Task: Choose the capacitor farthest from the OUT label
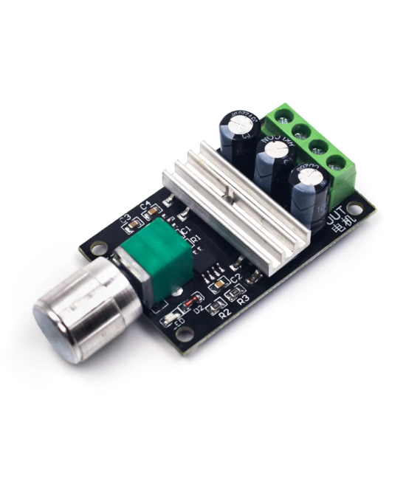click(x=238, y=133)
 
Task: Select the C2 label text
click(x=235, y=278)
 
